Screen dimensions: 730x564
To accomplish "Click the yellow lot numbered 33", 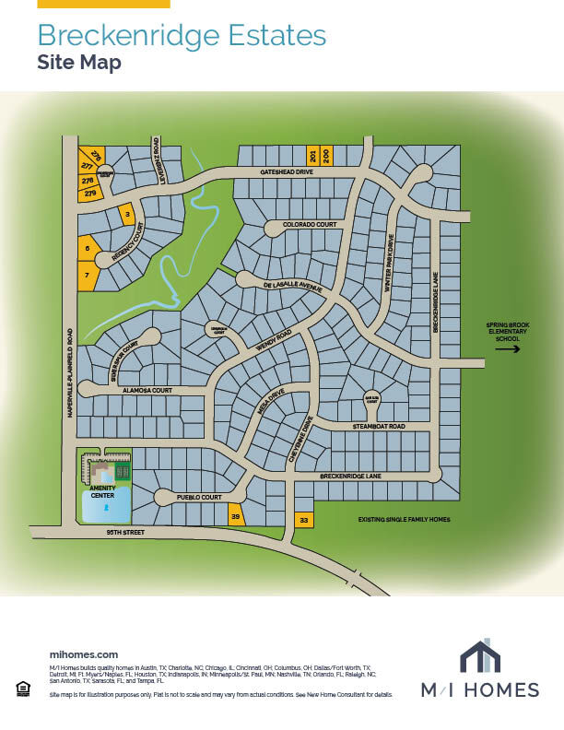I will pyautogui.click(x=304, y=521).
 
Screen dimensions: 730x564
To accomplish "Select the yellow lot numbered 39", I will pyautogui.click(x=235, y=517).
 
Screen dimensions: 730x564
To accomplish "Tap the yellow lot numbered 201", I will pyautogui.click(x=312, y=156).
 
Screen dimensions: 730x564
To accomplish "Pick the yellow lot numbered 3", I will pyautogui.click(x=127, y=215).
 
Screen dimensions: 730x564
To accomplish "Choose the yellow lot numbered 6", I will pyautogui.click(x=88, y=248).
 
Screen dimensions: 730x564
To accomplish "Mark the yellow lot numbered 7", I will pyautogui.click(x=87, y=275).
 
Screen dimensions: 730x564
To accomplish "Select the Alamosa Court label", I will pyautogui.click(x=147, y=391).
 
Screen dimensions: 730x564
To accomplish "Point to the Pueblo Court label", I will pyautogui.click(x=200, y=498).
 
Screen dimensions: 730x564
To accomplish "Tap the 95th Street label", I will pyautogui.click(x=103, y=534).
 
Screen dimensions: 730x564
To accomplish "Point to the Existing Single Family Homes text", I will pyautogui.click(x=405, y=520).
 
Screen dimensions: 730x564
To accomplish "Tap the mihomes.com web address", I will pyautogui.click(x=83, y=653).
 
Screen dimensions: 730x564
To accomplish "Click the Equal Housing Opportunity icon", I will pyautogui.click(x=22, y=687).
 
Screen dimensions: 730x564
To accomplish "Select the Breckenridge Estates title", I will pyautogui.click(x=182, y=36).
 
